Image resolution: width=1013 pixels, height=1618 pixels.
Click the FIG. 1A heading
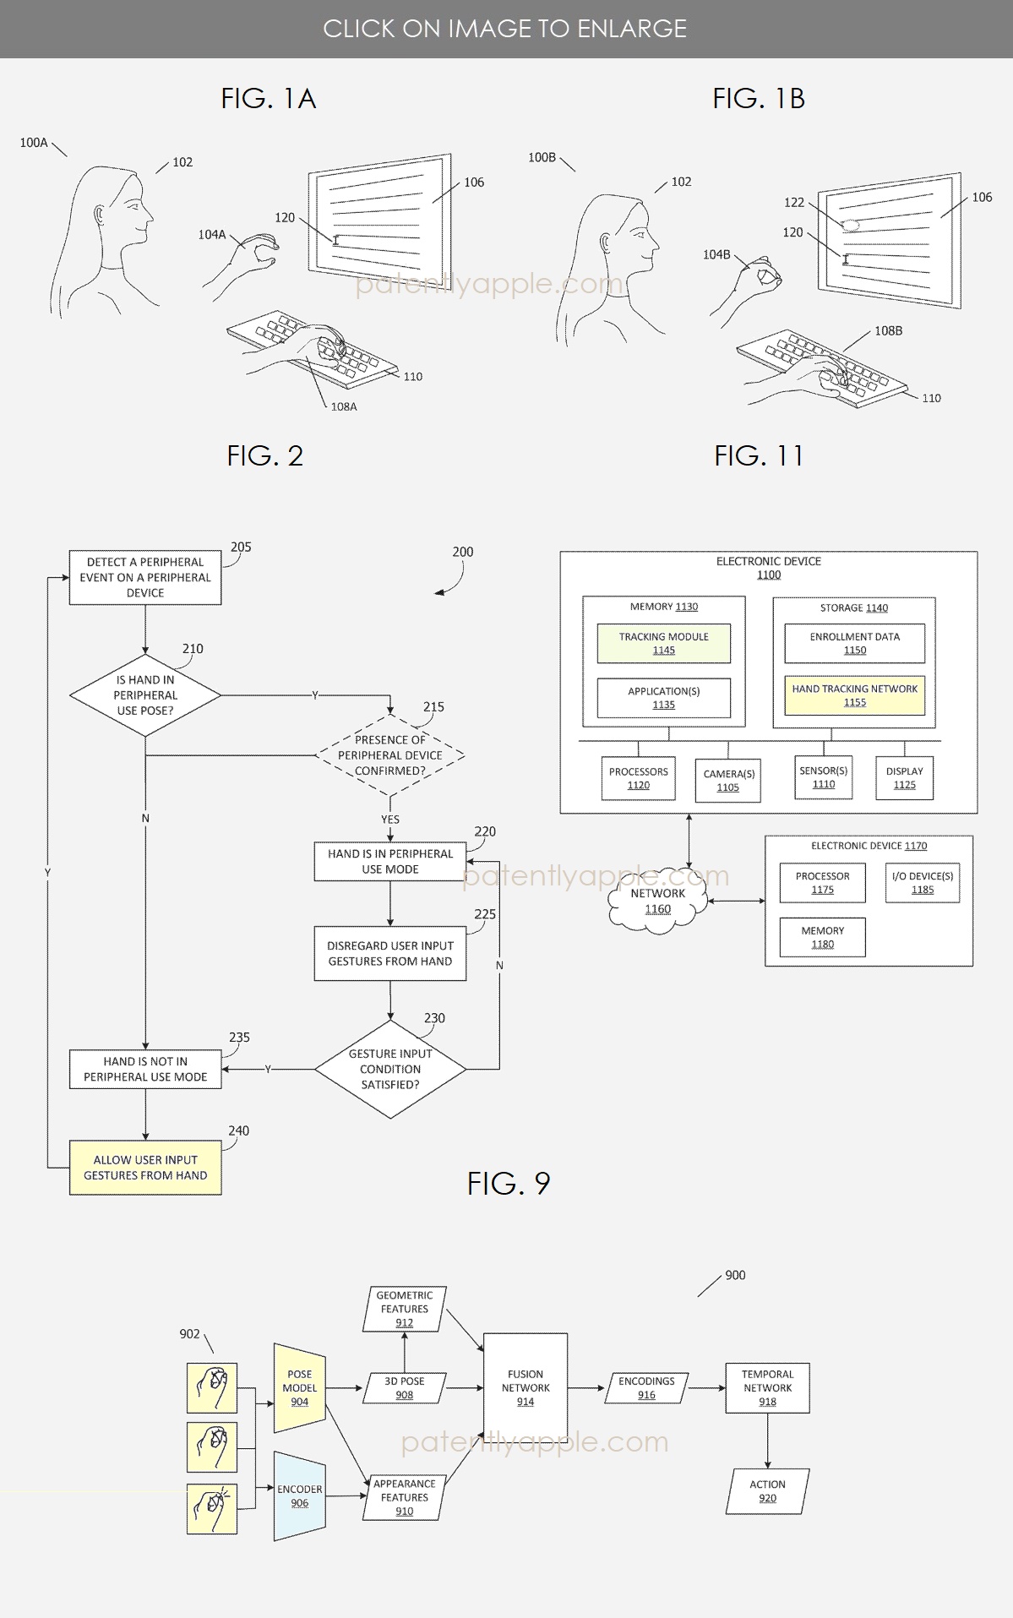[269, 99]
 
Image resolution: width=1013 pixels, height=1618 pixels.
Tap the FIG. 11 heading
[759, 456]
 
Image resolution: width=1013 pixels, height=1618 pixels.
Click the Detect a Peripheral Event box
[145, 578]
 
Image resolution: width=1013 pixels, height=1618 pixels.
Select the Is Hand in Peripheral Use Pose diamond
[145, 695]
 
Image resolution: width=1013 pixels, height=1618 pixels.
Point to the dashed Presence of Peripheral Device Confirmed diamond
[390, 755]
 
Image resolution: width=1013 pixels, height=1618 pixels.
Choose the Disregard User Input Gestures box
[390, 954]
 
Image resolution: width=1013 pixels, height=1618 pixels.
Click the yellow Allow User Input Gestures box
[145, 1168]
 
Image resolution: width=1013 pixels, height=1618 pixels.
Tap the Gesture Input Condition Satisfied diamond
[390, 1070]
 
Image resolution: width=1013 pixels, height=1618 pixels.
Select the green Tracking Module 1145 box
[664, 644]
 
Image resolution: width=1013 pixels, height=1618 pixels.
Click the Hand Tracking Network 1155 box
[855, 695]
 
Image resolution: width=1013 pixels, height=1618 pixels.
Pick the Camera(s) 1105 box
[728, 781]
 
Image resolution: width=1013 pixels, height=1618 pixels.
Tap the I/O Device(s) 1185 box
[923, 883]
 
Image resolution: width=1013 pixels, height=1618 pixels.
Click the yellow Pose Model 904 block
[300, 1388]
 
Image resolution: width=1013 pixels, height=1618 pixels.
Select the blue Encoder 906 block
[300, 1496]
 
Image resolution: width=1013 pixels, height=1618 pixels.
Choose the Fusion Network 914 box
[526, 1388]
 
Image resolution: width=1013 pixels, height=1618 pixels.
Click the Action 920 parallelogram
[767, 1491]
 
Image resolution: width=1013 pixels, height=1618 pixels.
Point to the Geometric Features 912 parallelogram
[405, 1310]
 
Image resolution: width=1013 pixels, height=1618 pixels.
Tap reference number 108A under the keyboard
[344, 407]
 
